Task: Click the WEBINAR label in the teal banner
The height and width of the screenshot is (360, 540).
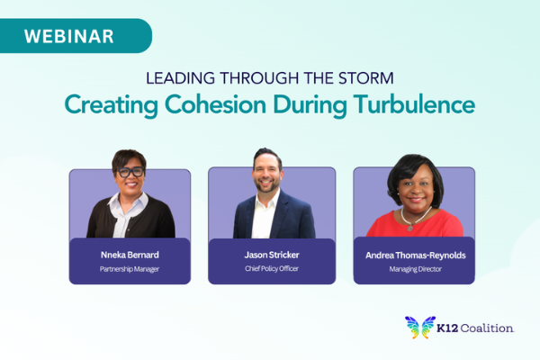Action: [x=68, y=36]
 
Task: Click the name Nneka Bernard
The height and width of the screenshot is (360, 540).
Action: [x=130, y=255]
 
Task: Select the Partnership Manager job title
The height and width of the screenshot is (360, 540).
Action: [x=130, y=268]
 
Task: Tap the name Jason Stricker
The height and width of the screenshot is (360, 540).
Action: [x=271, y=255]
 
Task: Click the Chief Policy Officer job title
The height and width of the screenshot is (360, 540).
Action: [x=271, y=268]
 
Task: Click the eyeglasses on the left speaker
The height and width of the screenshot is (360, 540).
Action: [x=130, y=171]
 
